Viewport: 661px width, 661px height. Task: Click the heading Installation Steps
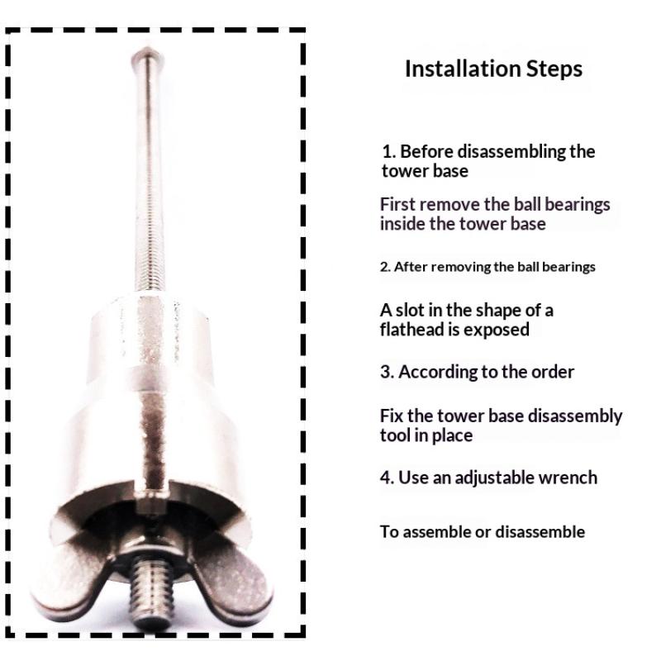click(x=493, y=69)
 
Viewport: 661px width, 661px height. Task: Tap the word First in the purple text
click(x=397, y=204)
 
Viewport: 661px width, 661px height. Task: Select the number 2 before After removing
click(x=384, y=267)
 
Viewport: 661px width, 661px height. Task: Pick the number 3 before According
click(x=386, y=372)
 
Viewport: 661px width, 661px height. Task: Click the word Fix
click(x=392, y=416)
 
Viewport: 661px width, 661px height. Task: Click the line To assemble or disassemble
click(x=482, y=531)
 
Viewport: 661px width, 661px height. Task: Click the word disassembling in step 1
click(x=513, y=152)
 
